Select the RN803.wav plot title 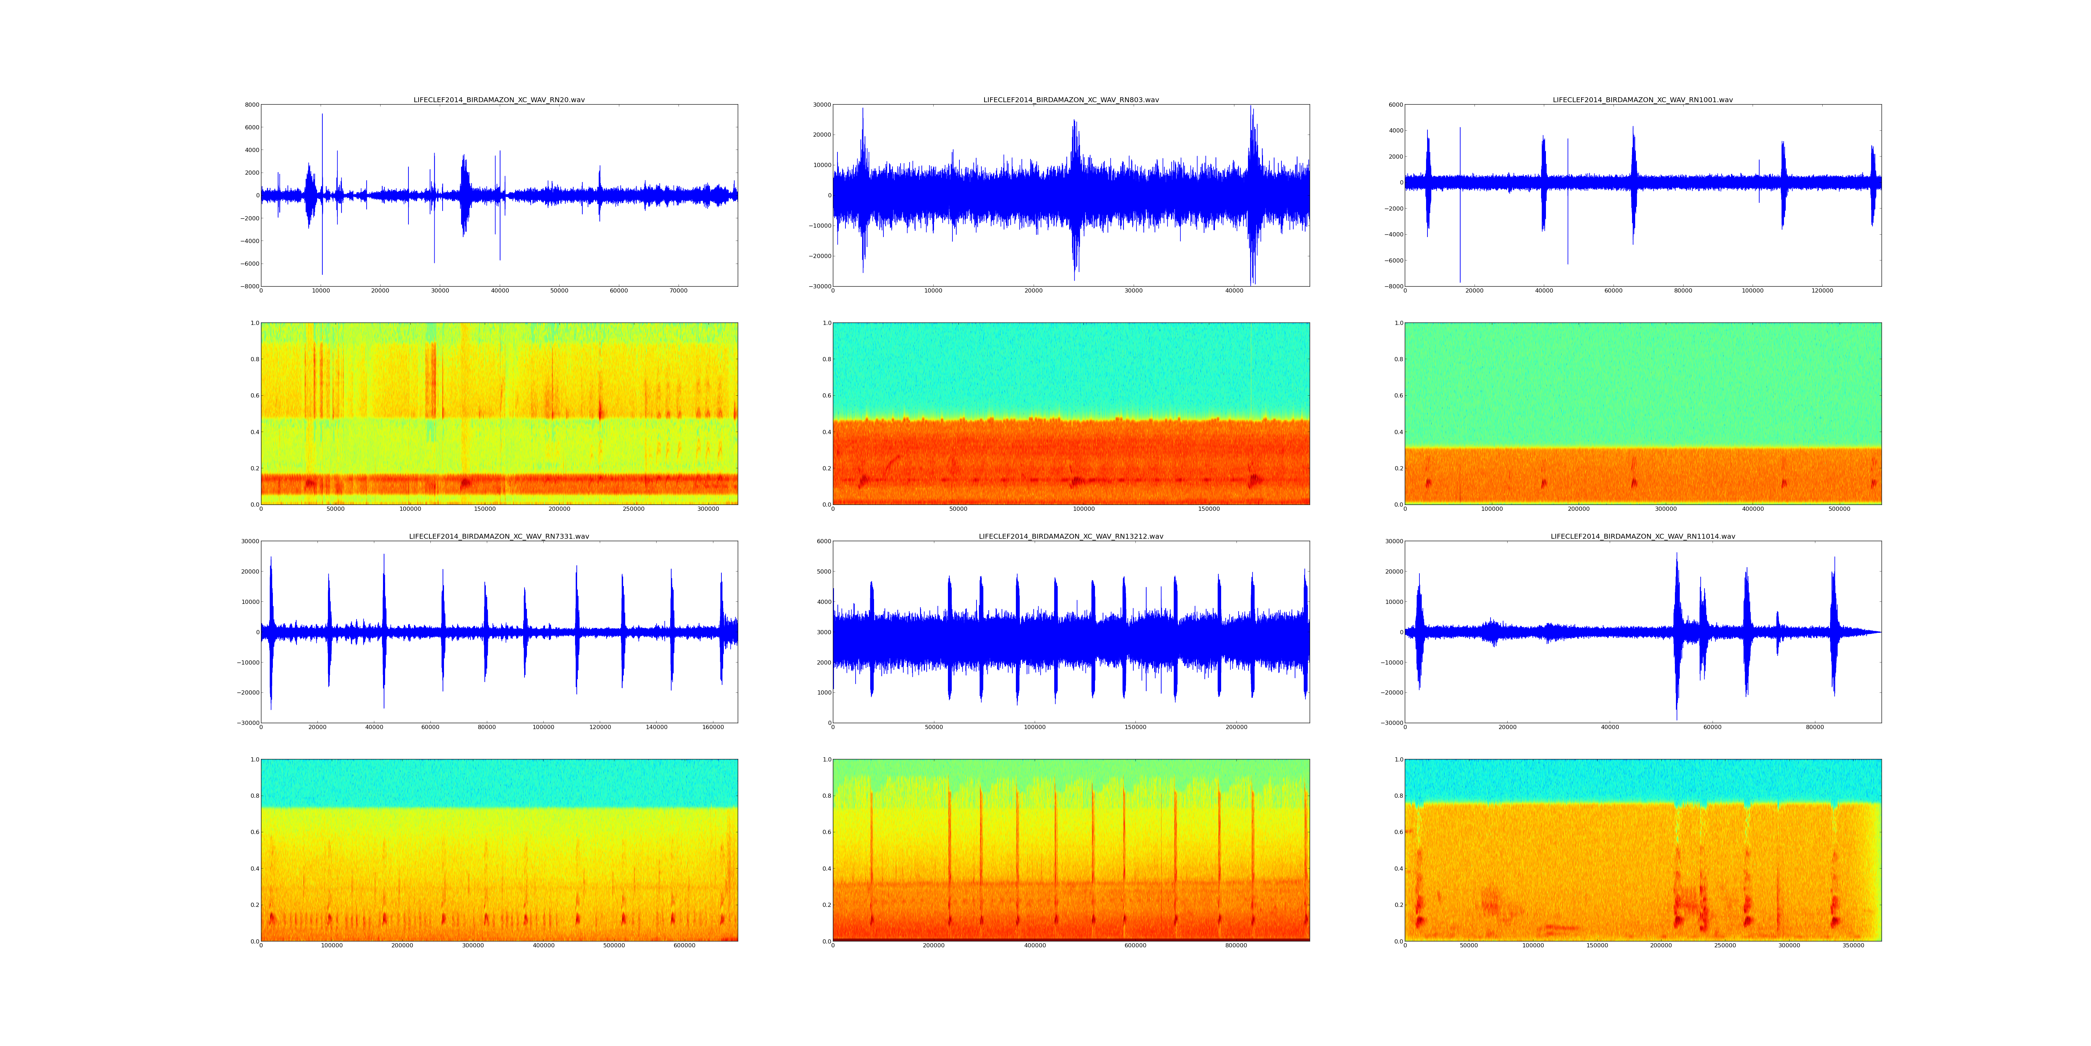(x=1071, y=100)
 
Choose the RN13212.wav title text (x=1071, y=537)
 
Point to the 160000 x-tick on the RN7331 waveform (x=713, y=728)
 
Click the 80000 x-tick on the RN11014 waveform (x=1815, y=728)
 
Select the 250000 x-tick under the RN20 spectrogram (x=634, y=509)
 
